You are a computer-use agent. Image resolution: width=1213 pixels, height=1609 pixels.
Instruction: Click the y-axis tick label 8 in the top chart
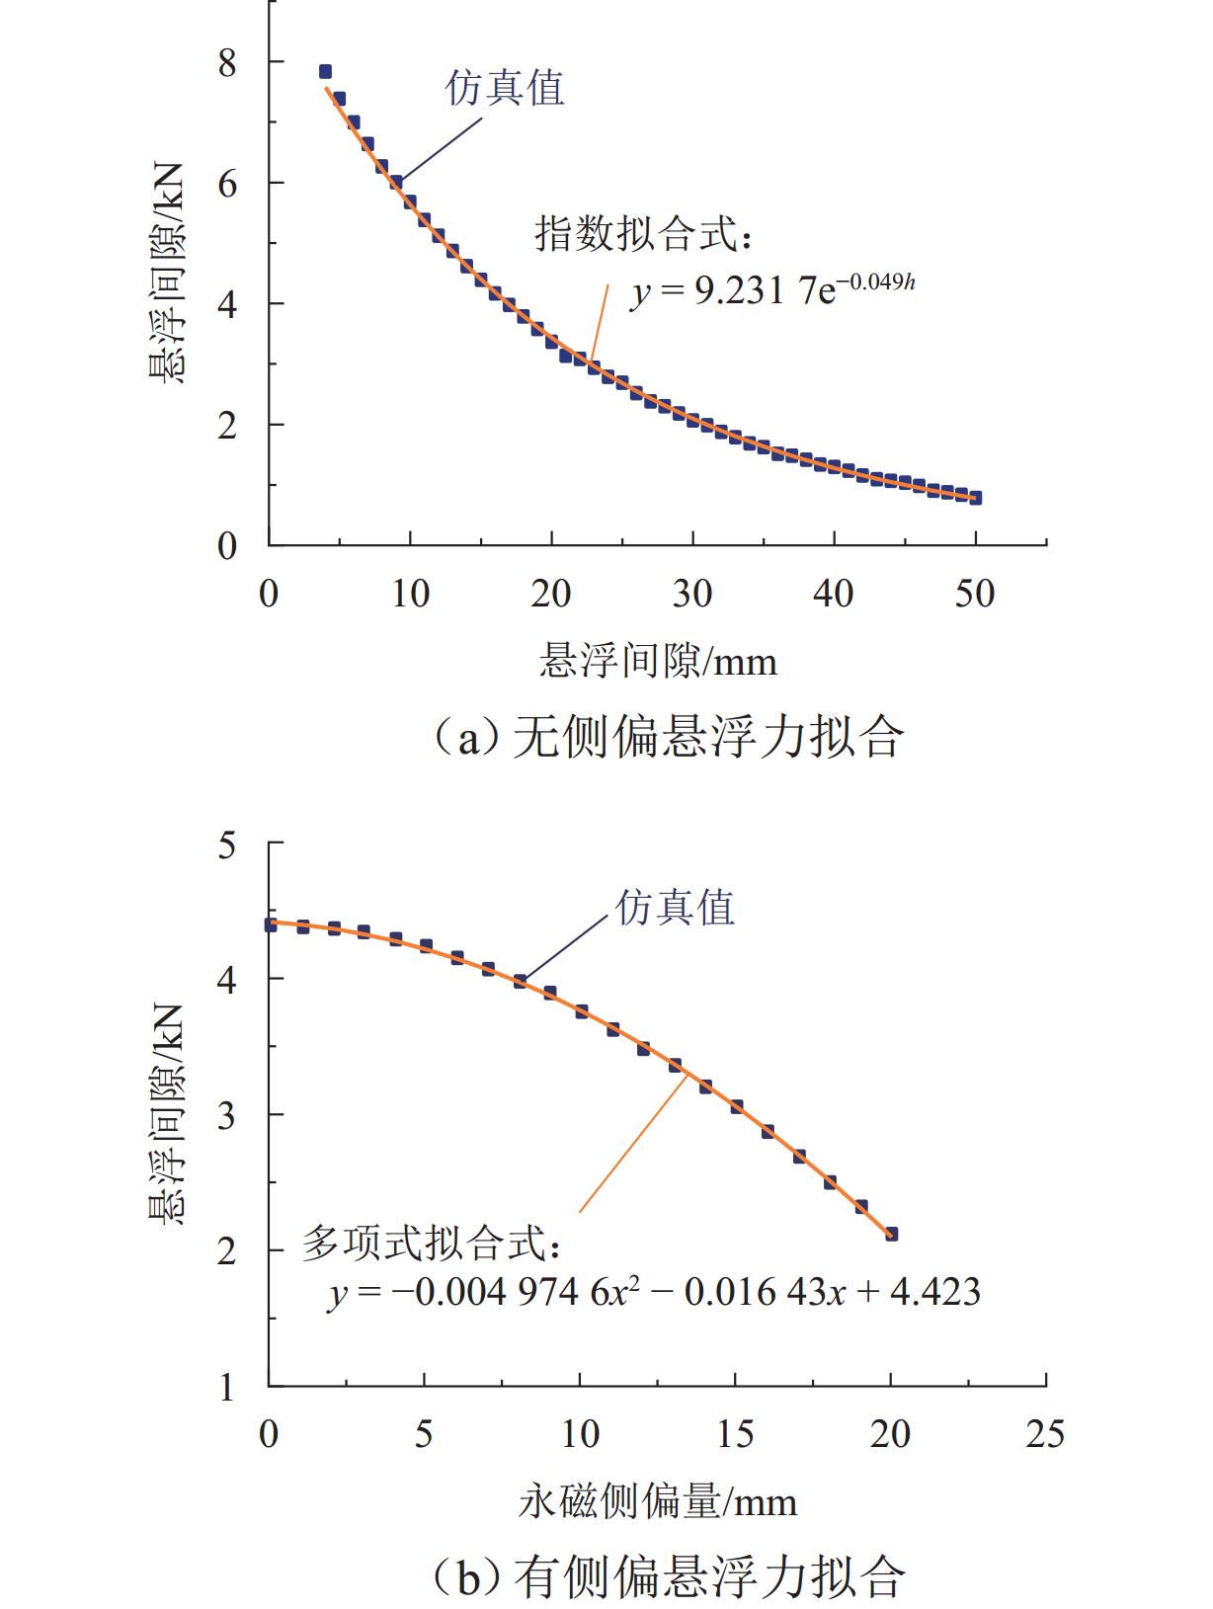227,64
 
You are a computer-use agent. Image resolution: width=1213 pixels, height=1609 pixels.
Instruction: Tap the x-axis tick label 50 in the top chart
975,594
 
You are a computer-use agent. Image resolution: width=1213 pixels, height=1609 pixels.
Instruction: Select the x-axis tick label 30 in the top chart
692,594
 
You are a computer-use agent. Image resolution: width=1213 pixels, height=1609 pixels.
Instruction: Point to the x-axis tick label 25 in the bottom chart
1045,1433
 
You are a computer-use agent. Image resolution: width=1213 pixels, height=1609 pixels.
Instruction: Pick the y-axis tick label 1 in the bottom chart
227,1387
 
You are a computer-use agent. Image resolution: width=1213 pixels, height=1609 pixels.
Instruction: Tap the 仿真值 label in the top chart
505,88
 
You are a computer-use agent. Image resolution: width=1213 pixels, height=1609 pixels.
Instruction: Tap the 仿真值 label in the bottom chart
676,907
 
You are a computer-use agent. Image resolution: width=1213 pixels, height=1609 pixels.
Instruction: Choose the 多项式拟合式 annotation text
433,1244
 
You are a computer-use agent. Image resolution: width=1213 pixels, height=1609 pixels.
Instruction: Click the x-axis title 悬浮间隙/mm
658,660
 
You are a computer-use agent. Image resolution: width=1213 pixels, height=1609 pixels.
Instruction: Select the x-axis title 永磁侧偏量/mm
658,1502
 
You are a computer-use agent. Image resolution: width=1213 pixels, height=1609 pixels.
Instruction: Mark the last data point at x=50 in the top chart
975,498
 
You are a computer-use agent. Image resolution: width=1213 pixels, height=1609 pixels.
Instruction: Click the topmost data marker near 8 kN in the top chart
325,71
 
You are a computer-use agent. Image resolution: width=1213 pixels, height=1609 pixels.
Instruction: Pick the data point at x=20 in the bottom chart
891,1234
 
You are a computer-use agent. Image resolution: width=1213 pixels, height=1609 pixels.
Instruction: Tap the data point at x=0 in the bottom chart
271,925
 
